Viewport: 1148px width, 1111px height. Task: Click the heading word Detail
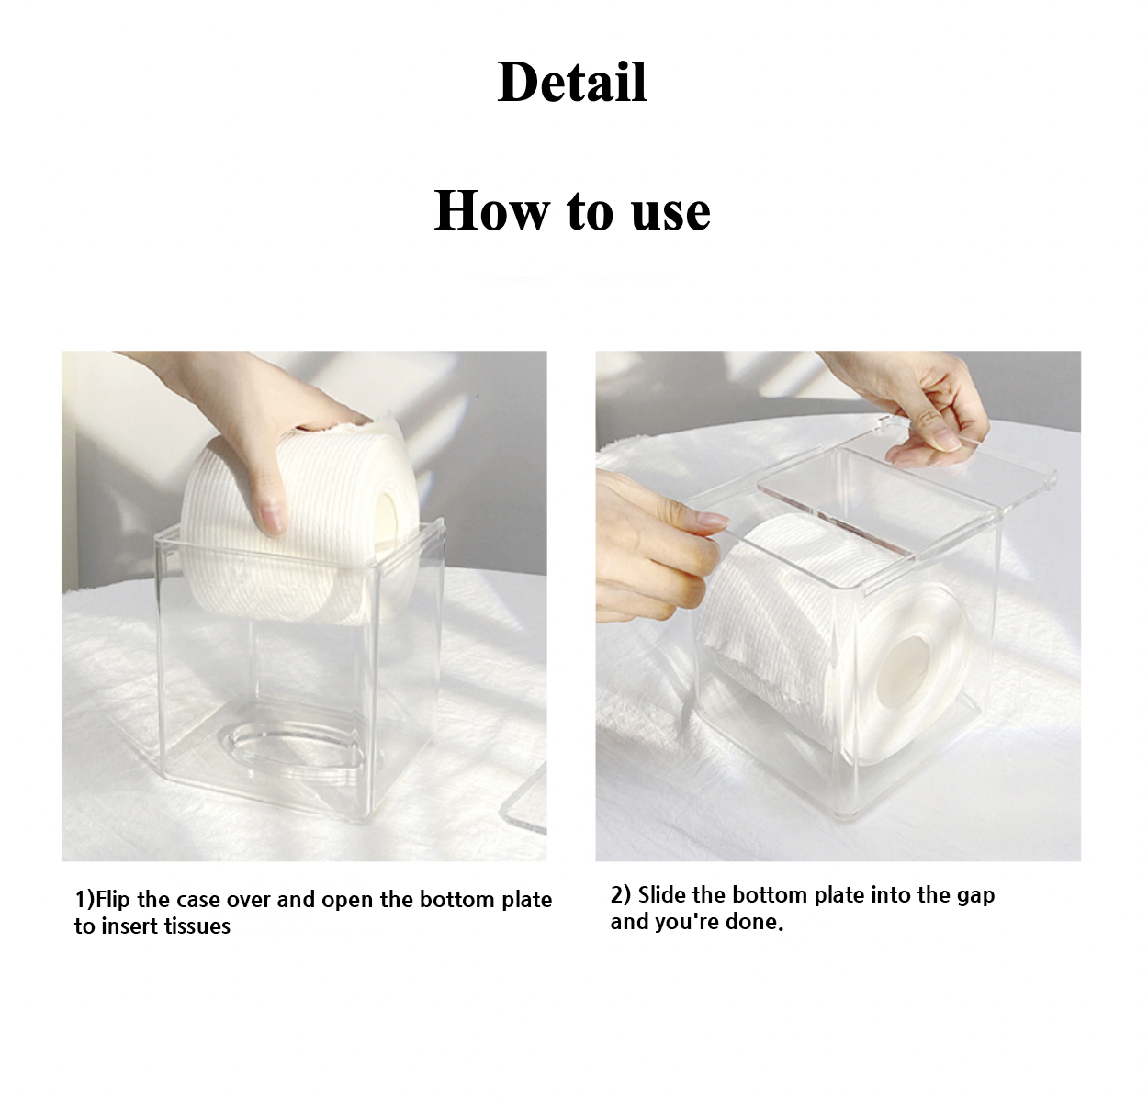[x=572, y=82]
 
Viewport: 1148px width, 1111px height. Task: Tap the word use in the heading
[x=670, y=213]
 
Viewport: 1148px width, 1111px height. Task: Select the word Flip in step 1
[x=113, y=900]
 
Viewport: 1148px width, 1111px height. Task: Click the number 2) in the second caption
[x=620, y=895]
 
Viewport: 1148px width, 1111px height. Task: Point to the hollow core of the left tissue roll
[x=388, y=525]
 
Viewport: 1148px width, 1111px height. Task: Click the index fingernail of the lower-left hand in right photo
[x=713, y=520]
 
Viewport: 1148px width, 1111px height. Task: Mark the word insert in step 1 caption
[x=129, y=926]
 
